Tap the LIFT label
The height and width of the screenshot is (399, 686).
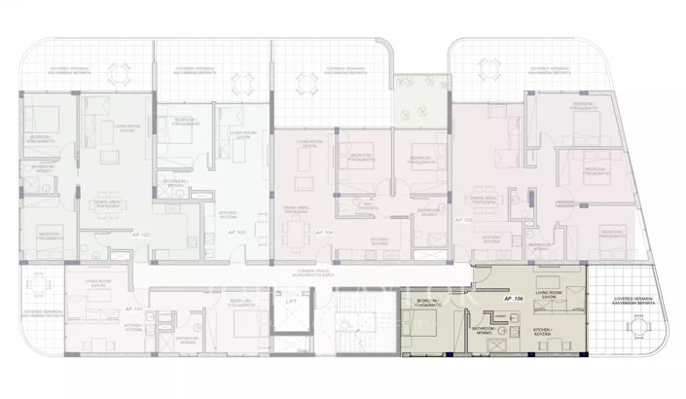click(x=291, y=302)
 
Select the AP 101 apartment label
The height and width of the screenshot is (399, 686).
click(x=132, y=308)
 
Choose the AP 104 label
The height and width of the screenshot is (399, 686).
click(x=324, y=234)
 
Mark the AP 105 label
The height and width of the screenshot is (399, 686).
click(x=463, y=221)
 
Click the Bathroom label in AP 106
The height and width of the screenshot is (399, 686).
click(x=486, y=330)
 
